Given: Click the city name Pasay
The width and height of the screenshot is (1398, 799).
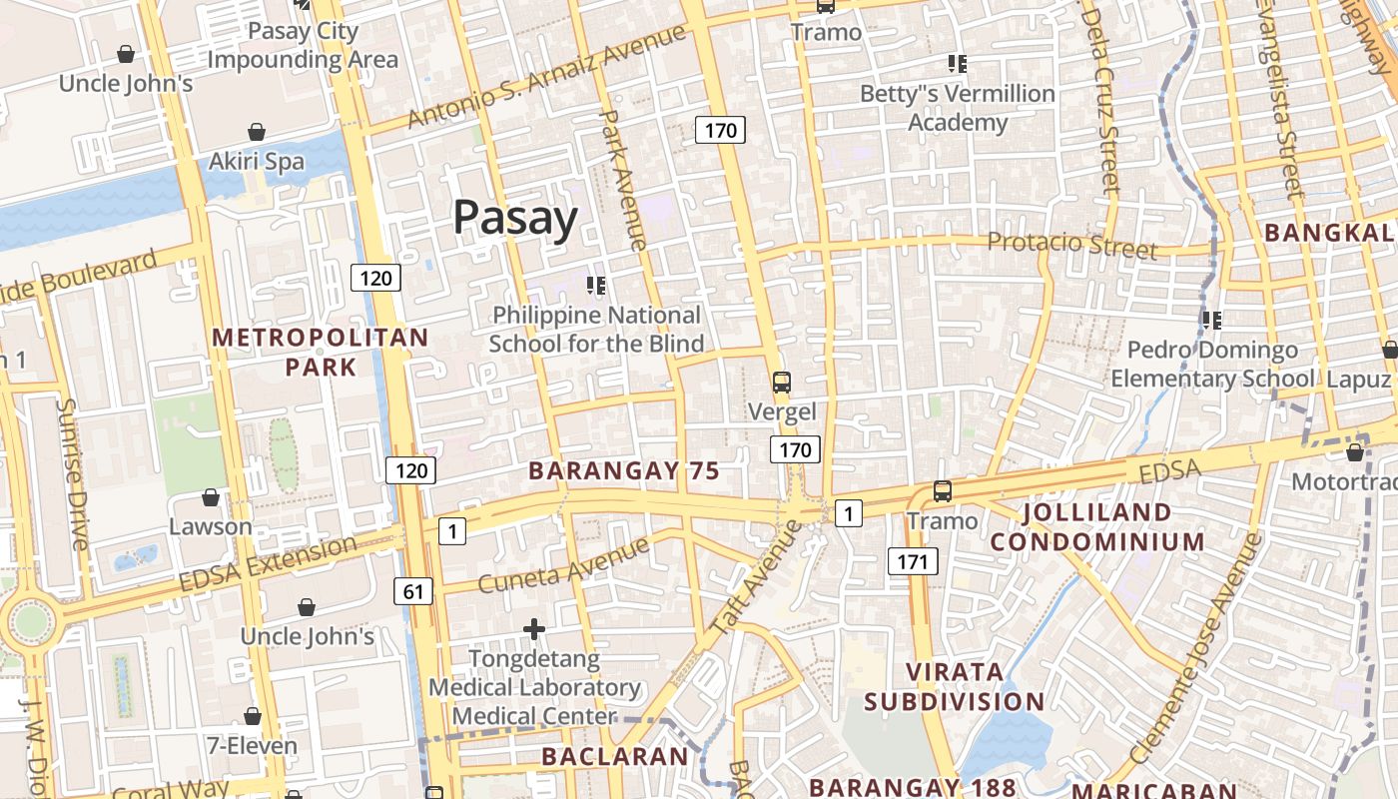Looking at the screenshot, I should tap(515, 218).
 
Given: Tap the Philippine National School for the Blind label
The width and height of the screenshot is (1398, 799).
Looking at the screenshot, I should tap(597, 330).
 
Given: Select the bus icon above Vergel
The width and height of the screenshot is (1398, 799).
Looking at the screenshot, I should tap(782, 382).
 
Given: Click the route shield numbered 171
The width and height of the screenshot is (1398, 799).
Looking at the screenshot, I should tap(913, 561).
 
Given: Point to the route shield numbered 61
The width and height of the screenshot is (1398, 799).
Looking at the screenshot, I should tap(414, 592).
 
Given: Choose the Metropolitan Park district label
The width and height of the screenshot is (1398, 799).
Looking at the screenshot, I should tap(320, 352).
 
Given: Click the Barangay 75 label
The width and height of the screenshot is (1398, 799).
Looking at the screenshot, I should tap(624, 470).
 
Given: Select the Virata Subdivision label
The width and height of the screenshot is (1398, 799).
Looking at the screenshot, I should tap(954, 685).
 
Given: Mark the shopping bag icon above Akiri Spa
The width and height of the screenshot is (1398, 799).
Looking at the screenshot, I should tap(257, 132).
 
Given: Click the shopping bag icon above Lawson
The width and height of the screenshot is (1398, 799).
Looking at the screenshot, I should tap(211, 497).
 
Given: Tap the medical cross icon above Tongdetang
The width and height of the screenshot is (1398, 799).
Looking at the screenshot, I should tap(534, 629).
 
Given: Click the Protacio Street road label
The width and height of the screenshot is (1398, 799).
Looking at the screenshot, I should tap(1071, 245).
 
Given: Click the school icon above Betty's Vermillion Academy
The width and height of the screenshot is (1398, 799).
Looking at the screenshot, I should tap(958, 64).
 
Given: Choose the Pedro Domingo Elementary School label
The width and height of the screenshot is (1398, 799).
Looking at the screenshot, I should tap(1212, 364).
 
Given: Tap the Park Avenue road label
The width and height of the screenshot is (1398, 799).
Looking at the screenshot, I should tap(621, 180).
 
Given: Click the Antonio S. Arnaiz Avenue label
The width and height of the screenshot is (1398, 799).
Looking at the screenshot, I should tap(547, 77).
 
